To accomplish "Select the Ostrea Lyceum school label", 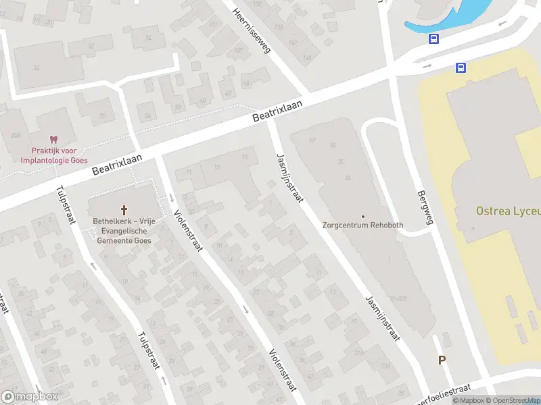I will (x=508, y=211).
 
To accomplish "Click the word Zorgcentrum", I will (x=346, y=225).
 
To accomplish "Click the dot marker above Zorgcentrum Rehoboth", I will (x=363, y=217).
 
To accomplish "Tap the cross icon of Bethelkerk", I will (x=124, y=210).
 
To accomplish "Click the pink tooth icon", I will (x=54, y=140).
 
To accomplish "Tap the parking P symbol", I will (x=442, y=360).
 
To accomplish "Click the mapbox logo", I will (x=30, y=397).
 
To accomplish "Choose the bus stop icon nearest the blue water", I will (x=433, y=38).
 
